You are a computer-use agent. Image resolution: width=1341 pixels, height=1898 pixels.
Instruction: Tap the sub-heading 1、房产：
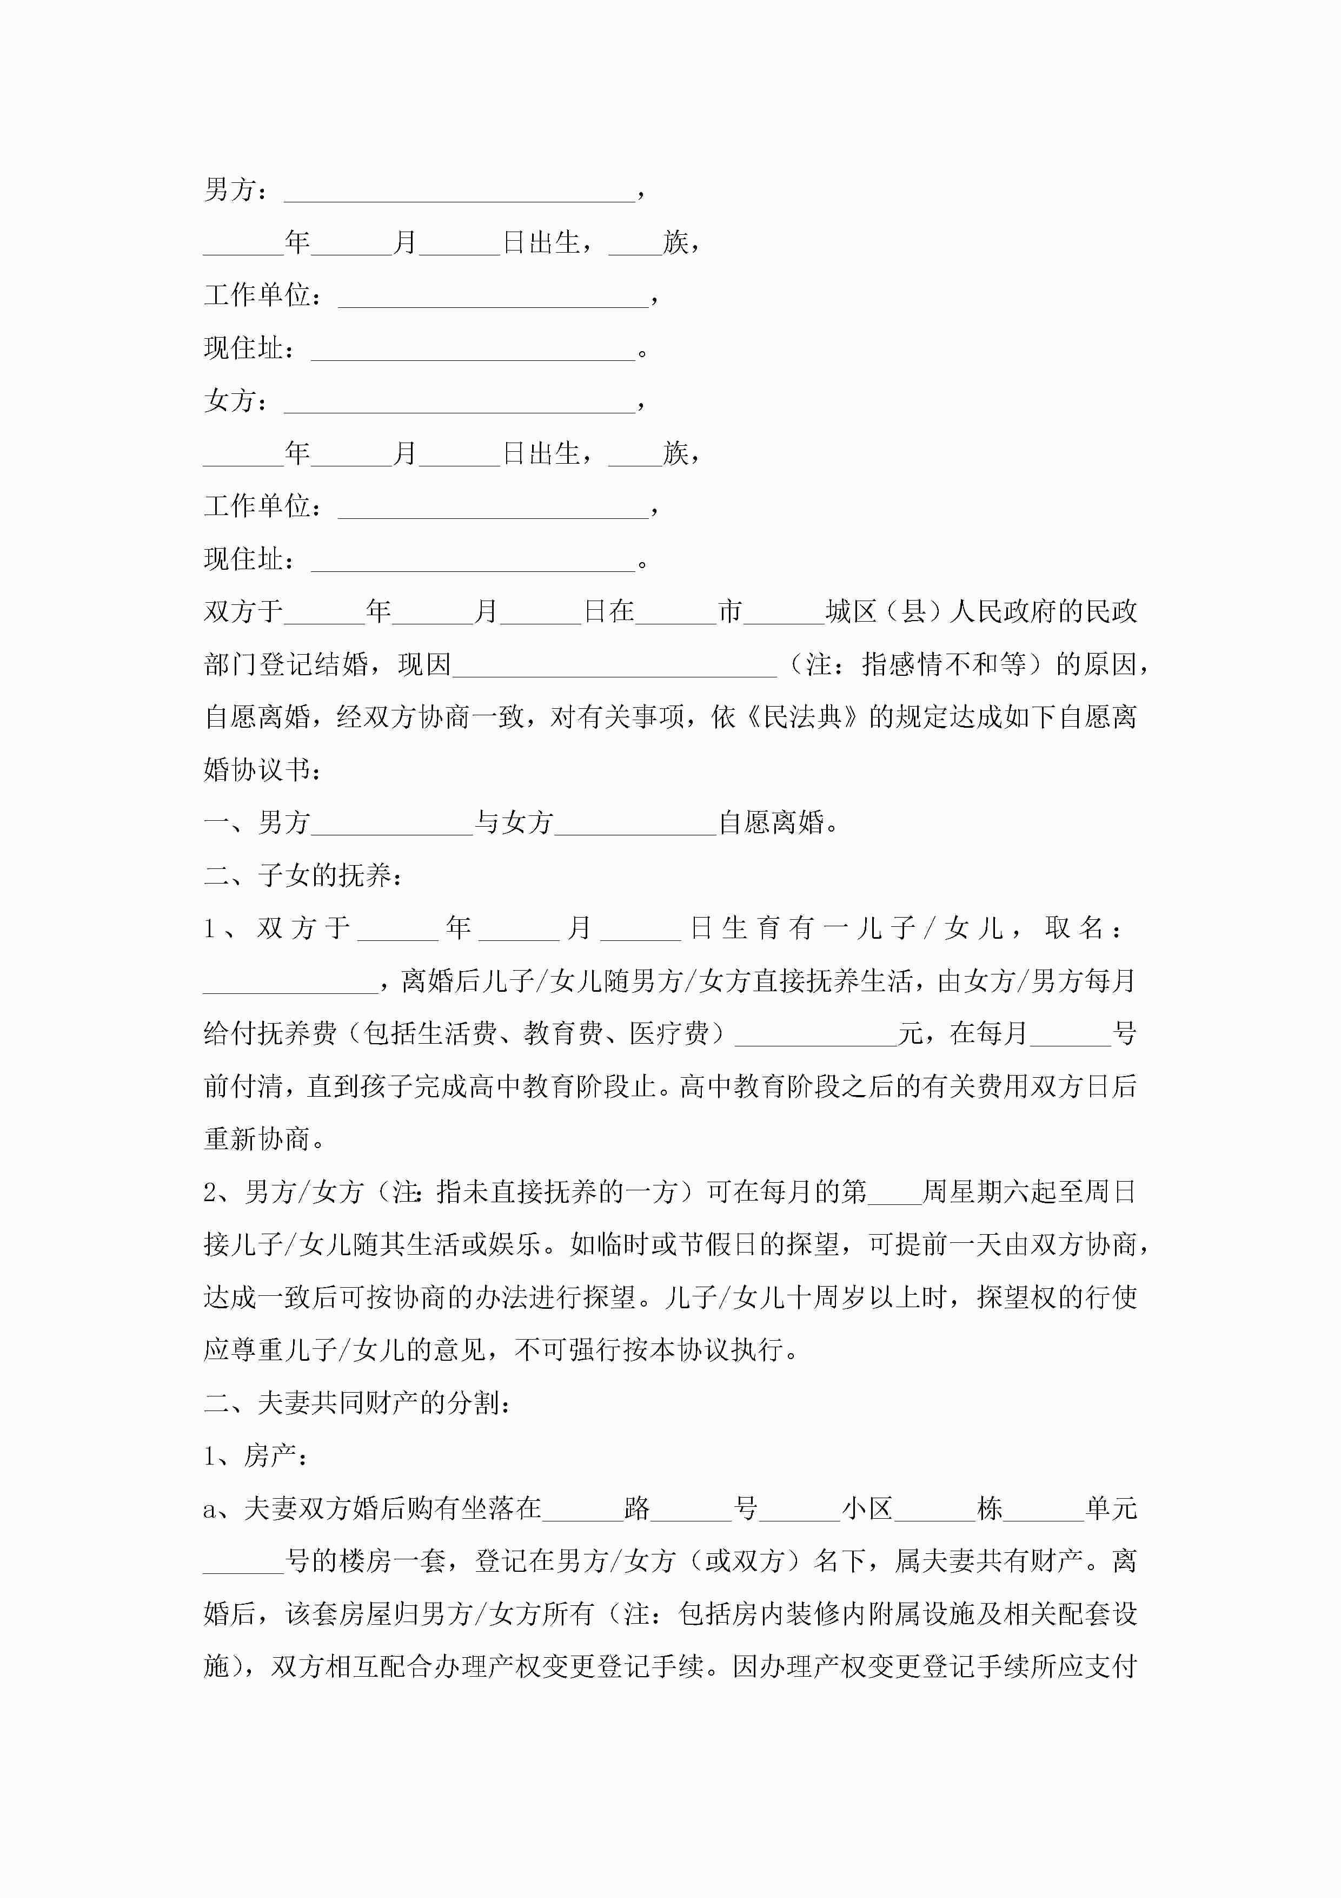click(x=257, y=1456)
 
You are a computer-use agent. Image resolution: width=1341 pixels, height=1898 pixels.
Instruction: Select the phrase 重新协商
click(x=257, y=1139)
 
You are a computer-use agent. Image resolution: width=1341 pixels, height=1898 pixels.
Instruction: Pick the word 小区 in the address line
click(x=867, y=1508)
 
